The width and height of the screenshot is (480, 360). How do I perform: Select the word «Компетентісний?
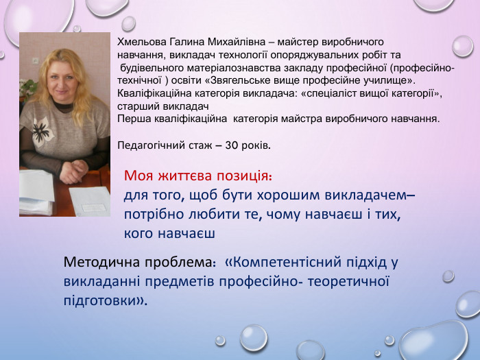click(x=284, y=263)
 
